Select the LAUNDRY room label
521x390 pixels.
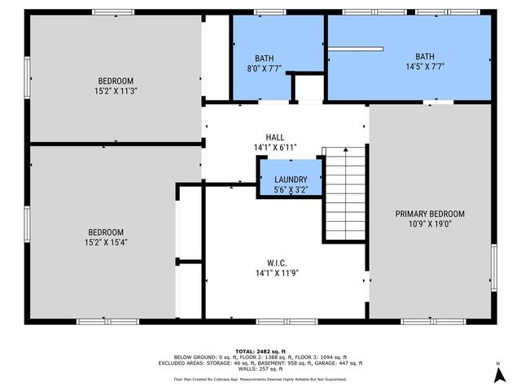click(x=291, y=180)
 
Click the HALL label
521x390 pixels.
click(x=275, y=137)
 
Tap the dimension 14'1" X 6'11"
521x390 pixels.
click(x=275, y=148)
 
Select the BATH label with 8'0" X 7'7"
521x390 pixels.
click(x=265, y=58)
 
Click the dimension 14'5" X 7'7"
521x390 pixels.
click(x=424, y=67)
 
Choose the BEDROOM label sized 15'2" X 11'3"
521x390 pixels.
click(x=116, y=80)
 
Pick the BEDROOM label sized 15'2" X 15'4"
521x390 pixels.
click(x=105, y=232)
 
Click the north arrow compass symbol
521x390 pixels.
click(x=497, y=375)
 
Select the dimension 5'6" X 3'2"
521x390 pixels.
click(x=291, y=190)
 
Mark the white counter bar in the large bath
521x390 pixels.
click(x=356, y=49)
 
